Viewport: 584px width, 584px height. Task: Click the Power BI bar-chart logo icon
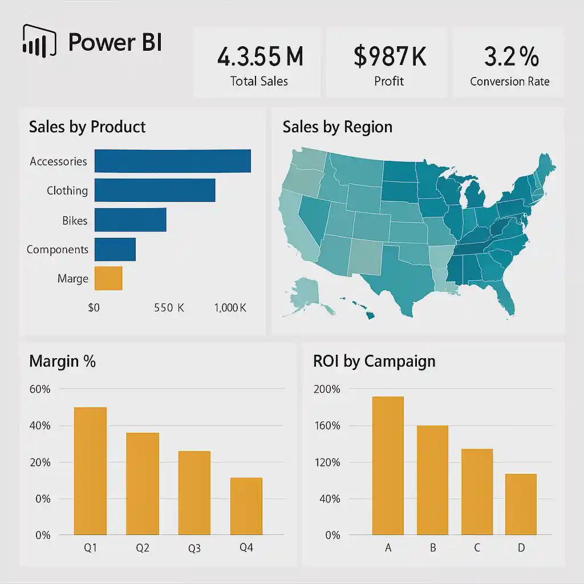pos(39,41)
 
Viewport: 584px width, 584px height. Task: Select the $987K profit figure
pos(390,57)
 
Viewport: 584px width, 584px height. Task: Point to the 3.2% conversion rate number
pos(510,57)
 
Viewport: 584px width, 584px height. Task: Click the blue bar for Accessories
pos(172,161)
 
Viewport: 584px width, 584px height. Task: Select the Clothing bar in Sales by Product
pos(155,190)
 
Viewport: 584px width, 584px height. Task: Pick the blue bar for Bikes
pos(130,220)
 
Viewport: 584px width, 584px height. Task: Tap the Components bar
pos(115,249)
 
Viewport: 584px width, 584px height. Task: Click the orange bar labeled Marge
pos(108,278)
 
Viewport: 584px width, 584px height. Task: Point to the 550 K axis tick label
pos(169,308)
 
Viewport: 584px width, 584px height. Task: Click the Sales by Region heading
pos(337,127)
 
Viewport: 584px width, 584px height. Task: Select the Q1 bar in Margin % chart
pos(90,471)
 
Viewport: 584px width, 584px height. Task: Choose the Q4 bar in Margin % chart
pos(246,506)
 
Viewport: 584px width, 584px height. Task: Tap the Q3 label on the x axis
pos(194,549)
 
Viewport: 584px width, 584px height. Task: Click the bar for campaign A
pos(388,465)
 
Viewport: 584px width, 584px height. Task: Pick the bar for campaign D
pos(521,504)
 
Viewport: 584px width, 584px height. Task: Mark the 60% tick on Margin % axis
pos(39,390)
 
